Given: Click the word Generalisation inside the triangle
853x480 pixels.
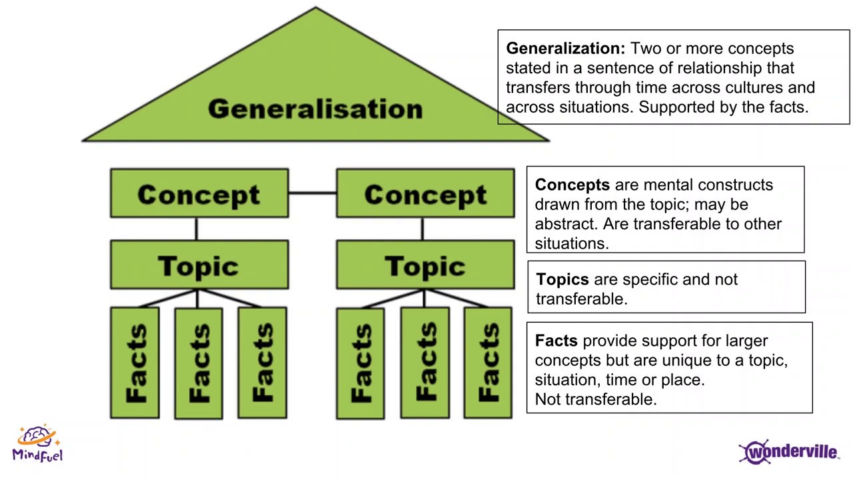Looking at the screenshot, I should pos(315,109).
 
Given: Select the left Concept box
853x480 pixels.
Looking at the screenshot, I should pos(199,194).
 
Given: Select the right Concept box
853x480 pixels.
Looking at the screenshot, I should pos(425,194).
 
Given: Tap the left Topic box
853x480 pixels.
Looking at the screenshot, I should pos(199,265).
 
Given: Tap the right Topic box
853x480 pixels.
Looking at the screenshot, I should pos(425,265).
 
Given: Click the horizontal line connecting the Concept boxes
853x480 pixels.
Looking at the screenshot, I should pos(312,193).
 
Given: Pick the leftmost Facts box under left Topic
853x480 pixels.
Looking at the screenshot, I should pos(135,363).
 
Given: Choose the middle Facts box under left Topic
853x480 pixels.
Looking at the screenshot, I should pos(199,363).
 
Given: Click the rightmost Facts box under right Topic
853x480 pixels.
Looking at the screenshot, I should pos(488,363).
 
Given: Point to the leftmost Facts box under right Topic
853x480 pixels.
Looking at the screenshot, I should pos(361,363).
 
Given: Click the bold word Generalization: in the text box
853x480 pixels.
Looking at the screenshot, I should pos(565,49).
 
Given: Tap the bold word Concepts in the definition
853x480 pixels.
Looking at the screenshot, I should pos(572,185).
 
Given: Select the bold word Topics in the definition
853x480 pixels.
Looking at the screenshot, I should pos(562,279).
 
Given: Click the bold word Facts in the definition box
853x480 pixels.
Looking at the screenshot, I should pos(556,341).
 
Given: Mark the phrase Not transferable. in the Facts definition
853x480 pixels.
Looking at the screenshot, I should pos(595,399).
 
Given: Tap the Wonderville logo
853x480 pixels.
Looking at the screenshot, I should pos(789,451).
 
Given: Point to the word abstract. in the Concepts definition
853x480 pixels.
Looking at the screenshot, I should pos(566,224).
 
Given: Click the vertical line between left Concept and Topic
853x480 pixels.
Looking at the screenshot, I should pos(196,229).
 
